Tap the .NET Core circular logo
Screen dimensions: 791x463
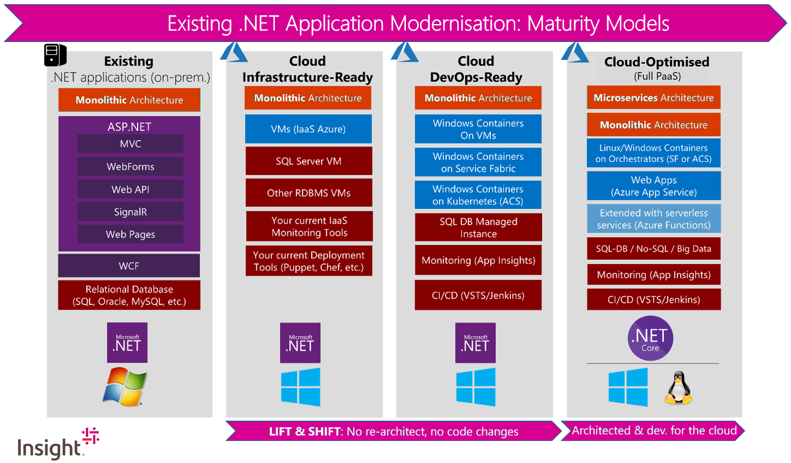(651, 339)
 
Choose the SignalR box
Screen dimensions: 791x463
(130, 212)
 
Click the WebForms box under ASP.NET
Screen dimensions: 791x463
(130, 166)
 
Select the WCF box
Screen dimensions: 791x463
(129, 265)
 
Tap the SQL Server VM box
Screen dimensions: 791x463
(309, 161)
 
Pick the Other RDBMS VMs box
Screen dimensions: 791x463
(309, 193)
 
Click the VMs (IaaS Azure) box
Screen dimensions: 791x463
(308, 129)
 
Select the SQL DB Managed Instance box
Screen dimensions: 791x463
(478, 227)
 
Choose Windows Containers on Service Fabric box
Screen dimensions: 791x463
(478, 162)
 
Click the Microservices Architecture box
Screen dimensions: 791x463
(654, 98)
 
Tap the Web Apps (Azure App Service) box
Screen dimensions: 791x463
(654, 186)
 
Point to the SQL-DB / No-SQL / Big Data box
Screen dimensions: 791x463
(654, 248)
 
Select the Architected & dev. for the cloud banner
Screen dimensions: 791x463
(653, 430)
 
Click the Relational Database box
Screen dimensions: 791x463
(129, 295)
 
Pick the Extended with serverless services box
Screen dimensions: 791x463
(654, 219)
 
